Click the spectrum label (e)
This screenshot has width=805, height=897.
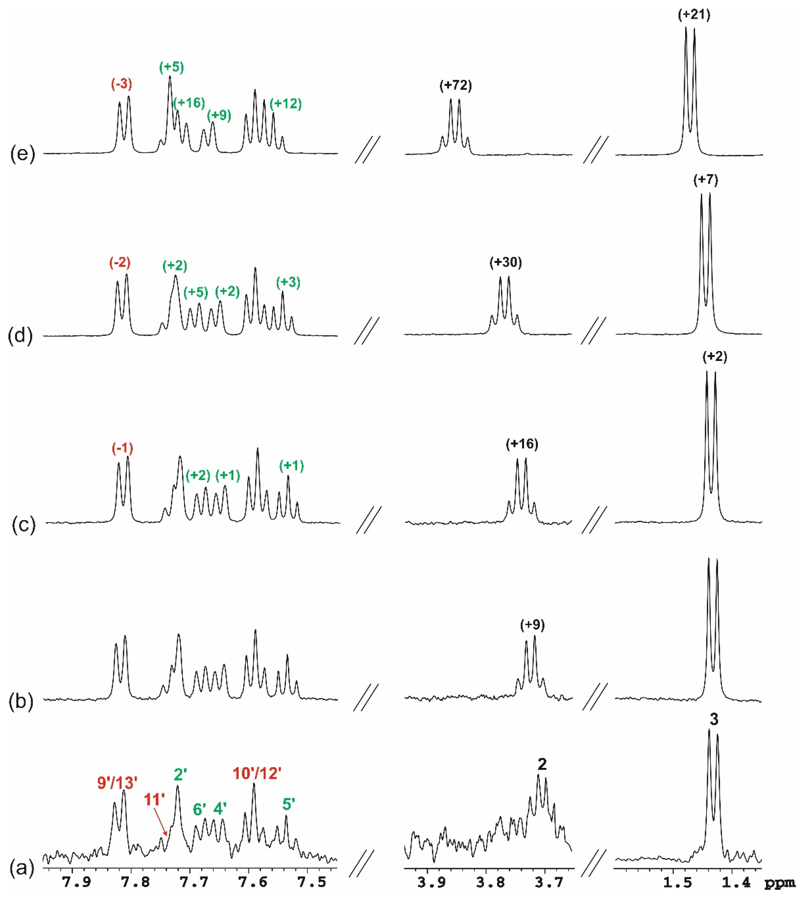(x=22, y=155)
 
